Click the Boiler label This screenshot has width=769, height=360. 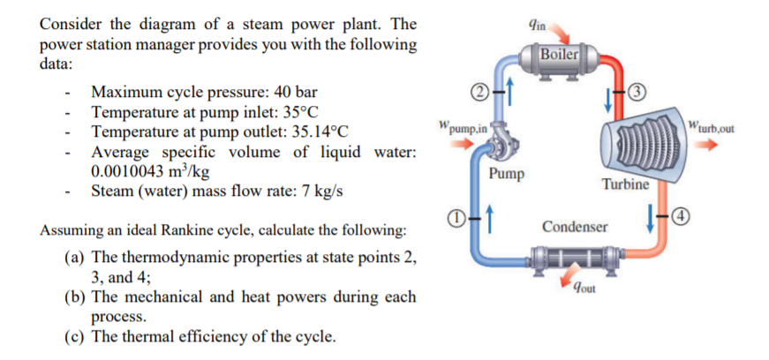pos(559,54)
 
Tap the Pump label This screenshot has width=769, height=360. pos(506,175)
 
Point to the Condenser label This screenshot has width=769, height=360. pos(575,227)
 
